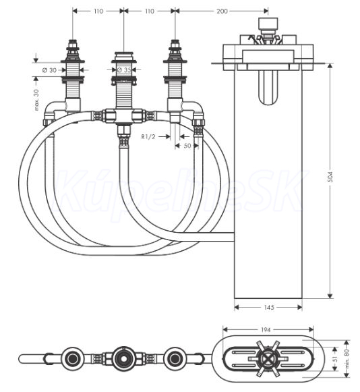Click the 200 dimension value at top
[x=222, y=11]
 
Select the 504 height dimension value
[x=330, y=177]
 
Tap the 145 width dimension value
[x=269, y=307]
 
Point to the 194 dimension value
[x=266, y=330]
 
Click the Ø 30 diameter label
[x=49, y=70]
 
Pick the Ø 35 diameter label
[x=124, y=70]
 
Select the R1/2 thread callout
[x=148, y=136]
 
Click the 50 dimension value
[x=187, y=146]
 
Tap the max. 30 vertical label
[x=36, y=100]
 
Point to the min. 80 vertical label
[x=347, y=359]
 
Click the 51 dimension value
[x=336, y=359]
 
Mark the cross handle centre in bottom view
[x=268, y=359]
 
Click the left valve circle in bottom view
[x=72, y=359]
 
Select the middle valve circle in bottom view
[x=123, y=359]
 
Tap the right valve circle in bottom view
[x=175, y=359]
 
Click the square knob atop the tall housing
[x=268, y=23]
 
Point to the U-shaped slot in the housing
[x=268, y=87]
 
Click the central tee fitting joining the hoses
[x=123, y=116]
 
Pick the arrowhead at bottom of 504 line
[x=330, y=296]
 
